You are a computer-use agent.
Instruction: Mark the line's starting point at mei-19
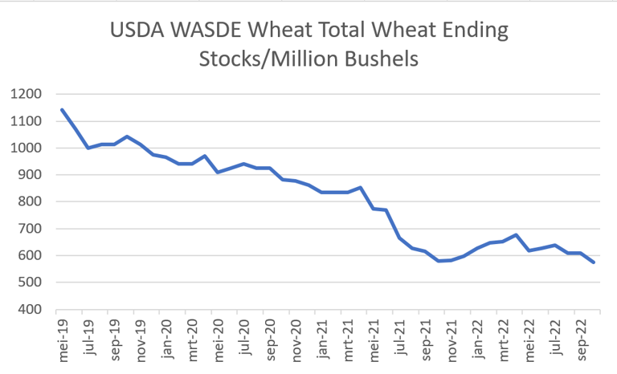(62, 110)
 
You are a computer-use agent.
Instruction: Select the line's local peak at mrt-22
(517, 235)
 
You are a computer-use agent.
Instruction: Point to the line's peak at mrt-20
(205, 156)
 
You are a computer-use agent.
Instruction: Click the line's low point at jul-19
(88, 148)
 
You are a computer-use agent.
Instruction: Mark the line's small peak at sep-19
(126, 136)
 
